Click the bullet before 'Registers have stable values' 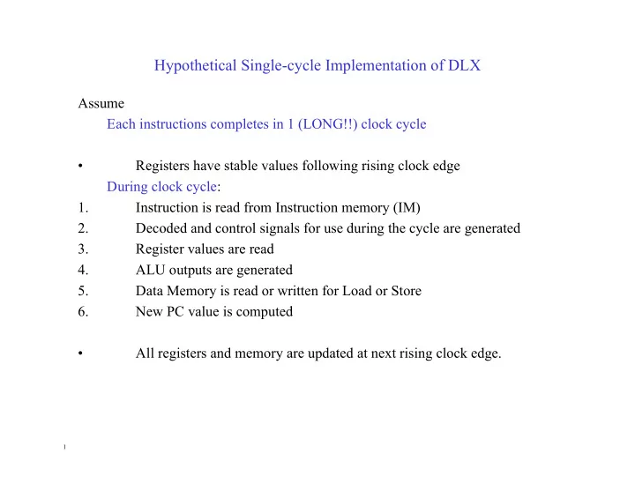[80, 166]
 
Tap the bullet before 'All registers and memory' [80, 353]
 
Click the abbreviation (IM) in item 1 [407, 207]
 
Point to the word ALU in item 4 [150, 270]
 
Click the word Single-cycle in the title [273, 65]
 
